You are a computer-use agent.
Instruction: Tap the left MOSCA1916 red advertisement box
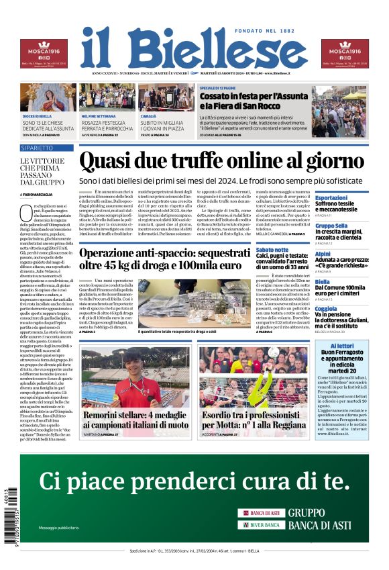44,53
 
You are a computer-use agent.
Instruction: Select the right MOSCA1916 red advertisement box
345,53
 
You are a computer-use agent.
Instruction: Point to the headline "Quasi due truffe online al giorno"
221,161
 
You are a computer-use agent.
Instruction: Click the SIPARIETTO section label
37,147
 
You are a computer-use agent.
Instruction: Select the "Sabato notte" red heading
272,249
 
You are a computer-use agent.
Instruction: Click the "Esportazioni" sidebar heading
331,197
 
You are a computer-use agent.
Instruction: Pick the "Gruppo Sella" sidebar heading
332,226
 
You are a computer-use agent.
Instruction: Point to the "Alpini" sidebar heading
323,254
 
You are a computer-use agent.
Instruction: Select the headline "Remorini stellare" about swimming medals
136,420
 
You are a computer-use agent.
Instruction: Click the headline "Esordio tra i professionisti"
253,420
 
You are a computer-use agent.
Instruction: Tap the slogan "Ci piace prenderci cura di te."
194,481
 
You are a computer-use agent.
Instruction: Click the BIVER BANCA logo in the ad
262,524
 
